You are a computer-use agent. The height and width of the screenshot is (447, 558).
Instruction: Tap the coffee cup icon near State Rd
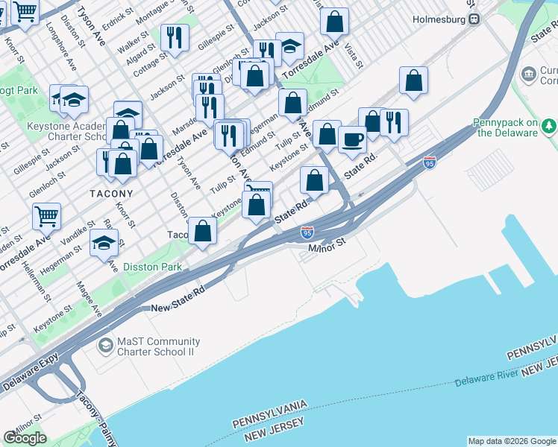[x=352, y=139]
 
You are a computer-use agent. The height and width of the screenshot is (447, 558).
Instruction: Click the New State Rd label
[x=178, y=302]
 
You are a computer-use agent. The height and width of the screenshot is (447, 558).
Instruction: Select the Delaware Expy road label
[x=30, y=376]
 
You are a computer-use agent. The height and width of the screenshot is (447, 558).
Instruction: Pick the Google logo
[x=25, y=438]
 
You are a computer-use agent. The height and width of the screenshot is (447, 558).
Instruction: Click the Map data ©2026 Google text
[x=512, y=441]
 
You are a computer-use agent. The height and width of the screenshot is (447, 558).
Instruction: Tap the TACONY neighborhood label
[x=111, y=194]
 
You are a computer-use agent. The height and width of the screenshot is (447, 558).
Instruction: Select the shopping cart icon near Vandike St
[x=46, y=215]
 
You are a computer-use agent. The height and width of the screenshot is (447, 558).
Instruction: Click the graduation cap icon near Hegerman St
[x=104, y=243]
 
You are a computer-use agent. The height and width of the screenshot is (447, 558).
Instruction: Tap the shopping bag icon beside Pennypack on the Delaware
[x=413, y=81]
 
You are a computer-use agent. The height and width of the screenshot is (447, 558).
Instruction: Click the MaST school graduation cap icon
[x=105, y=346]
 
